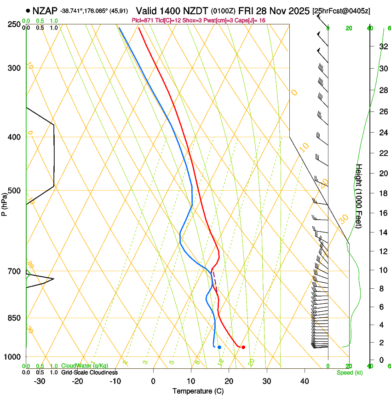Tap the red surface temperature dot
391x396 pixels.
(243, 347)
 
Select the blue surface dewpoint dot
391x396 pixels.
(219, 347)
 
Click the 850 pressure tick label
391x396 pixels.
(14, 318)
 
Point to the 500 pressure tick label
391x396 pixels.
(14, 191)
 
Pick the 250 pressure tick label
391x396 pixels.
(14, 24)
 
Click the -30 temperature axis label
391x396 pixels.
(40, 381)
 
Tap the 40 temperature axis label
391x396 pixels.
(305, 381)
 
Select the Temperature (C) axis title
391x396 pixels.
(198, 391)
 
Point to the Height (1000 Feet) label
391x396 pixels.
(359, 195)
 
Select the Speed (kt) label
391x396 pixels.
(349, 373)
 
